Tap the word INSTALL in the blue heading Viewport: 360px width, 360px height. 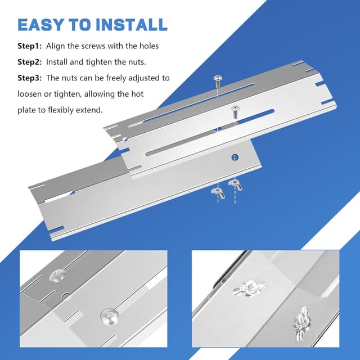point(132,25)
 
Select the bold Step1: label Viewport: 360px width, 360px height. point(30,46)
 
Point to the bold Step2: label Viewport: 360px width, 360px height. point(30,62)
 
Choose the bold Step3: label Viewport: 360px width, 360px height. point(30,78)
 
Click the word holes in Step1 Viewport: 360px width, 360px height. point(149,46)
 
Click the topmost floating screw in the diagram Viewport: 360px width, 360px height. point(218,82)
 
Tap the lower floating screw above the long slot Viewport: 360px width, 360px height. point(235,111)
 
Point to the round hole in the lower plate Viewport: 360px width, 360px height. point(235,157)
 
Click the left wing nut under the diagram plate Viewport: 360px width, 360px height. point(218,192)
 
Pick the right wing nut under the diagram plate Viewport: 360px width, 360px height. point(235,184)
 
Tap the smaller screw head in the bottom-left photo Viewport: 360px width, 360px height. point(58,276)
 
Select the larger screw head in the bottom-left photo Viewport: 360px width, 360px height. point(110,317)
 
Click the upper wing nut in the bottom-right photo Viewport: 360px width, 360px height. point(250,287)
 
